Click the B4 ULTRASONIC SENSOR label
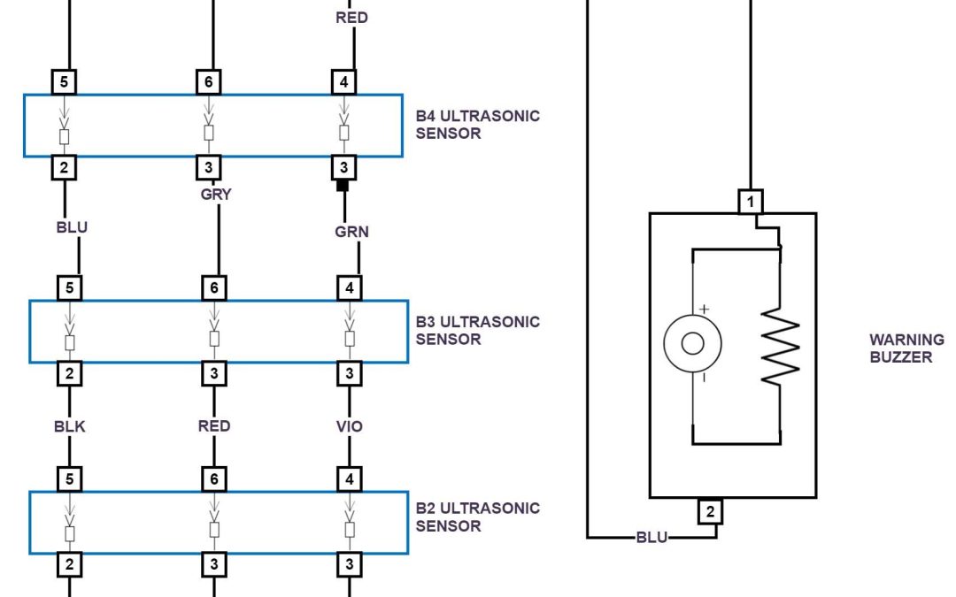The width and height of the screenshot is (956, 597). click(x=477, y=125)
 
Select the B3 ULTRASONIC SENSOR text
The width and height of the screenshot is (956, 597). click(x=477, y=330)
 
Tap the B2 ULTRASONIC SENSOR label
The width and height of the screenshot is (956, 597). click(x=477, y=517)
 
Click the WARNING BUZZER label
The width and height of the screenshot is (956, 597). click(x=906, y=348)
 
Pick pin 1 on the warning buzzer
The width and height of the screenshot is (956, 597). click(x=751, y=202)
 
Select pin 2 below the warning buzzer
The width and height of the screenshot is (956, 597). click(x=710, y=511)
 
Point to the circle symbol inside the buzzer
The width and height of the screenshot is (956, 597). click(x=692, y=343)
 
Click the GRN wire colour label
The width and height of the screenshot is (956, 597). click(x=351, y=232)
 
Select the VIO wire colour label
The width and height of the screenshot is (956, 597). click(x=350, y=426)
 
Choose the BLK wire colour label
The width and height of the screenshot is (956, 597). click(x=69, y=426)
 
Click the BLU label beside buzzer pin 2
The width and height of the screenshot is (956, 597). click(x=652, y=537)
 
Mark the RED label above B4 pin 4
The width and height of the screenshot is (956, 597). click(x=351, y=18)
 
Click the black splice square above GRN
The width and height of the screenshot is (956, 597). click(x=343, y=187)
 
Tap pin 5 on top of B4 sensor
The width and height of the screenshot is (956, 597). click(x=64, y=83)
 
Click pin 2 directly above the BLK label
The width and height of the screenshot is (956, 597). click(x=69, y=373)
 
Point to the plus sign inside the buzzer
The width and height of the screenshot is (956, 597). click(x=705, y=310)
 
